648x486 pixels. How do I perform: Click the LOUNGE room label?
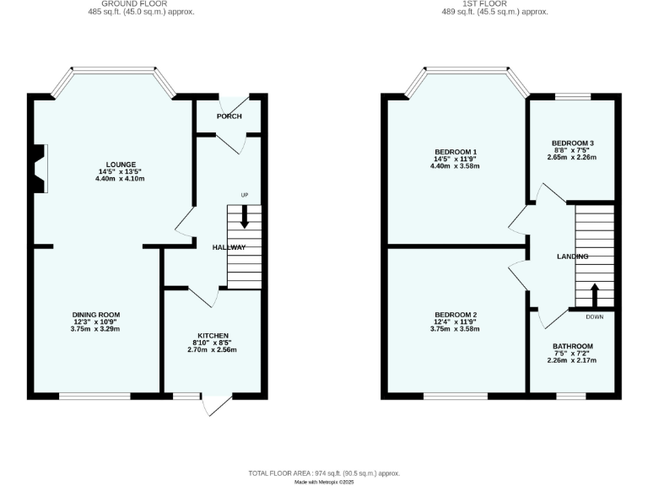point(121,164)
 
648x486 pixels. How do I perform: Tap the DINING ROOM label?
point(95,314)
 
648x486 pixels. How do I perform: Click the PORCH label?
point(228,116)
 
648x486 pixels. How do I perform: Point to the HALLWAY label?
point(229,247)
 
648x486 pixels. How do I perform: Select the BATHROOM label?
point(572,346)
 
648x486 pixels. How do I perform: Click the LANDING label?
point(572,256)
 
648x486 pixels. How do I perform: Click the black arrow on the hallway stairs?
point(245,218)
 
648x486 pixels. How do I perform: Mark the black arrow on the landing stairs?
point(594,295)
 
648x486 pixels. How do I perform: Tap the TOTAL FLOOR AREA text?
point(324,473)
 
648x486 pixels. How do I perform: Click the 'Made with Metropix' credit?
point(324,482)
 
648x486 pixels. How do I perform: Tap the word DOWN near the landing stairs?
point(594,317)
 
